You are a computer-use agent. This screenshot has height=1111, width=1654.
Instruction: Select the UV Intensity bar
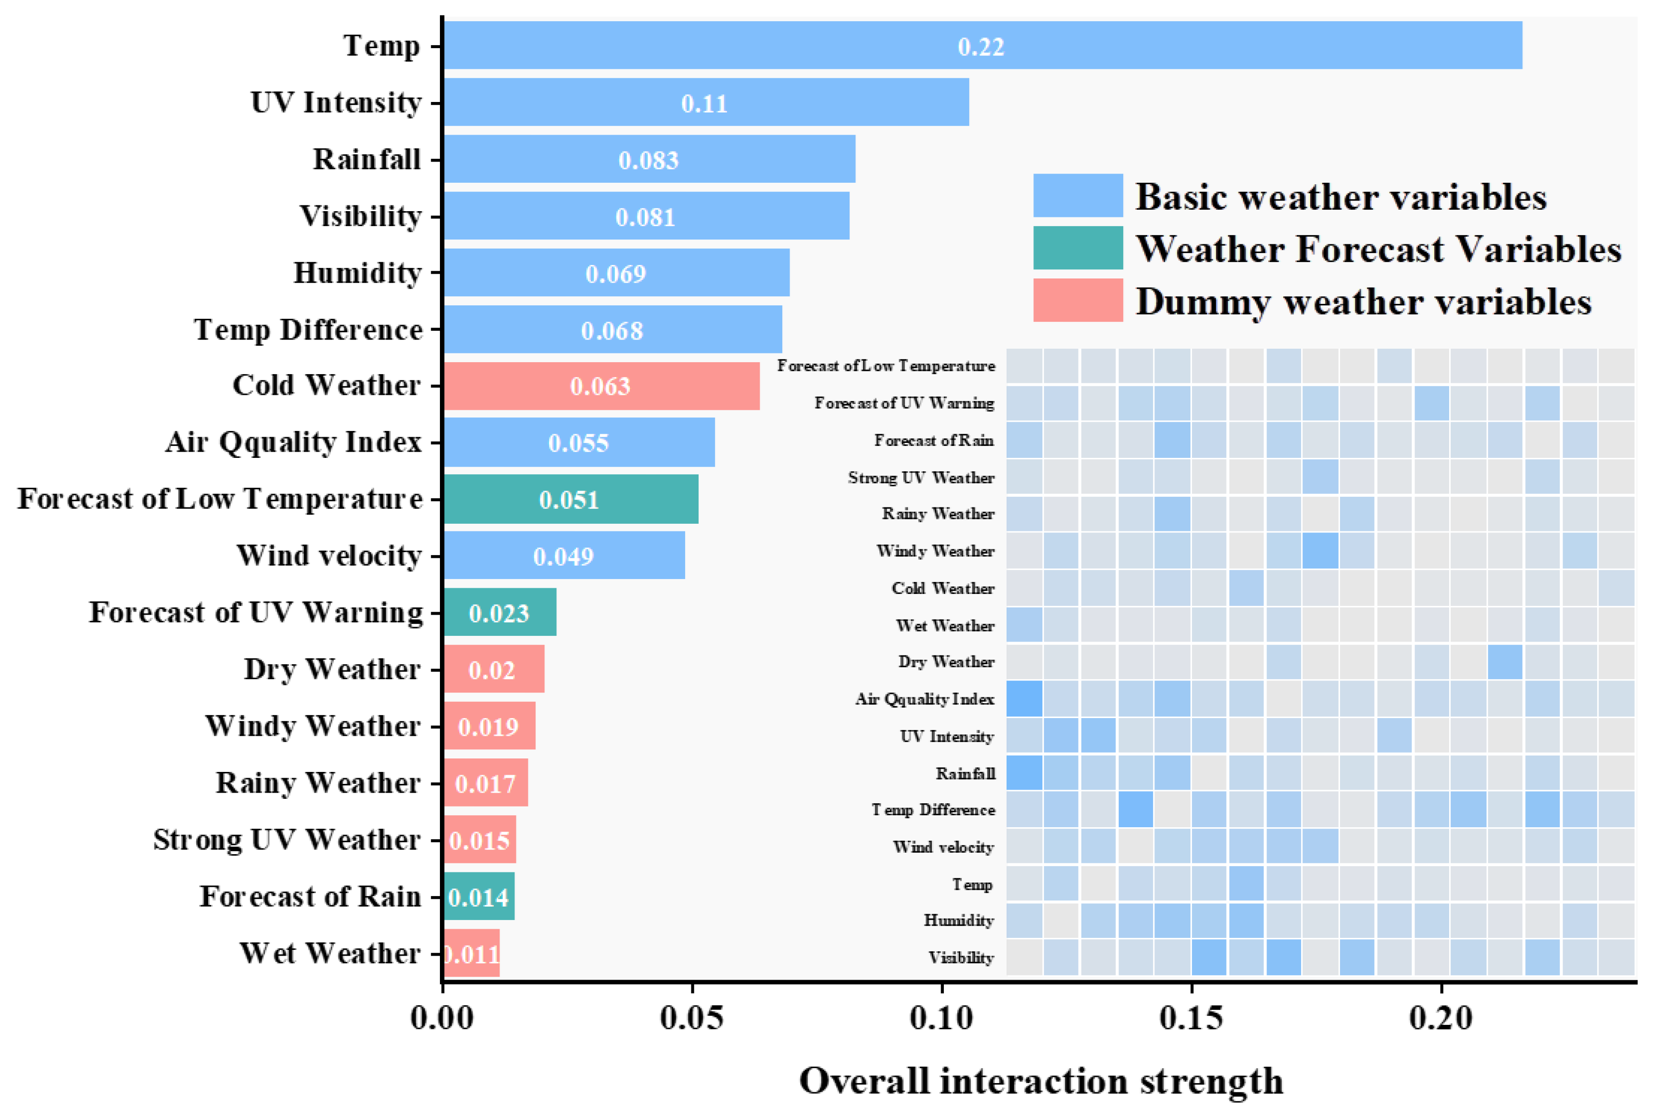click(x=706, y=102)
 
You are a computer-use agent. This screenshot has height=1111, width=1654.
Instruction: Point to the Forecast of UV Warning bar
click(x=500, y=612)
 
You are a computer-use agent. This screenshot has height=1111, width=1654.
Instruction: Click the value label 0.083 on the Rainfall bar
click(x=648, y=160)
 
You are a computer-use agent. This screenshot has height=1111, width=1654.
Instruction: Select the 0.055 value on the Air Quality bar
click(x=578, y=443)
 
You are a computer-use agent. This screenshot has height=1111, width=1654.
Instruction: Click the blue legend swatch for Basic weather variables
click(x=1078, y=196)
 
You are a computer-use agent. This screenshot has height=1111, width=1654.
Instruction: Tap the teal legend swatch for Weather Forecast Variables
click(x=1078, y=248)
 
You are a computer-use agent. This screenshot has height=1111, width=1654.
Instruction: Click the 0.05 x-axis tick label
click(x=692, y=1019)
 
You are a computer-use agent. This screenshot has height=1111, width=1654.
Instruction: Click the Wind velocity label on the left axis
click(x=329, y=555)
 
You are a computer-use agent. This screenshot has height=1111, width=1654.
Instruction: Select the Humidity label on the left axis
click(x=358, y=273)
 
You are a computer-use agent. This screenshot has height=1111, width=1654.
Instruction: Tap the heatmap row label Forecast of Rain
click(x=934, y=441)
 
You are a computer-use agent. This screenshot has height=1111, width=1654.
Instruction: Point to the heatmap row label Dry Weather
click(x=946, y=662)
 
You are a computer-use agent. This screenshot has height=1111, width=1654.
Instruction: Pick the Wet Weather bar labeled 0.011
click(x=472, y=953)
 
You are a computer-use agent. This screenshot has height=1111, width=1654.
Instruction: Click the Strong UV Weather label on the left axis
click(x=287, y=840)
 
